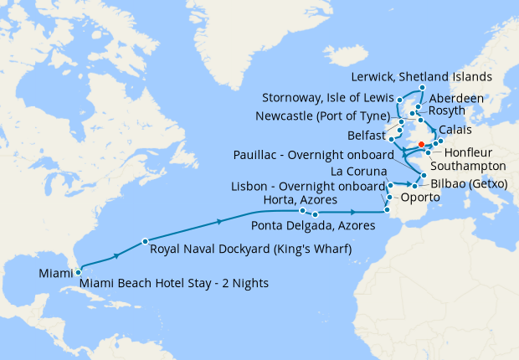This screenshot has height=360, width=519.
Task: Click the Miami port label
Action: (56, 273)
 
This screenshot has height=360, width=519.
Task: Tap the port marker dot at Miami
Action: (78, 271)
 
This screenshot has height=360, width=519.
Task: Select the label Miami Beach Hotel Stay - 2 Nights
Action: (174, 284)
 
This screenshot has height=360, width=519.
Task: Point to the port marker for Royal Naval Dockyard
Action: (145, 239)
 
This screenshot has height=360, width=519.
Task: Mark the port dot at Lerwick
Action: (422, 88)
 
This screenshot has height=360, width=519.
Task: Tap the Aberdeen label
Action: (456, 98)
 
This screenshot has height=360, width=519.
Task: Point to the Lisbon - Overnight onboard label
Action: (307, 185)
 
